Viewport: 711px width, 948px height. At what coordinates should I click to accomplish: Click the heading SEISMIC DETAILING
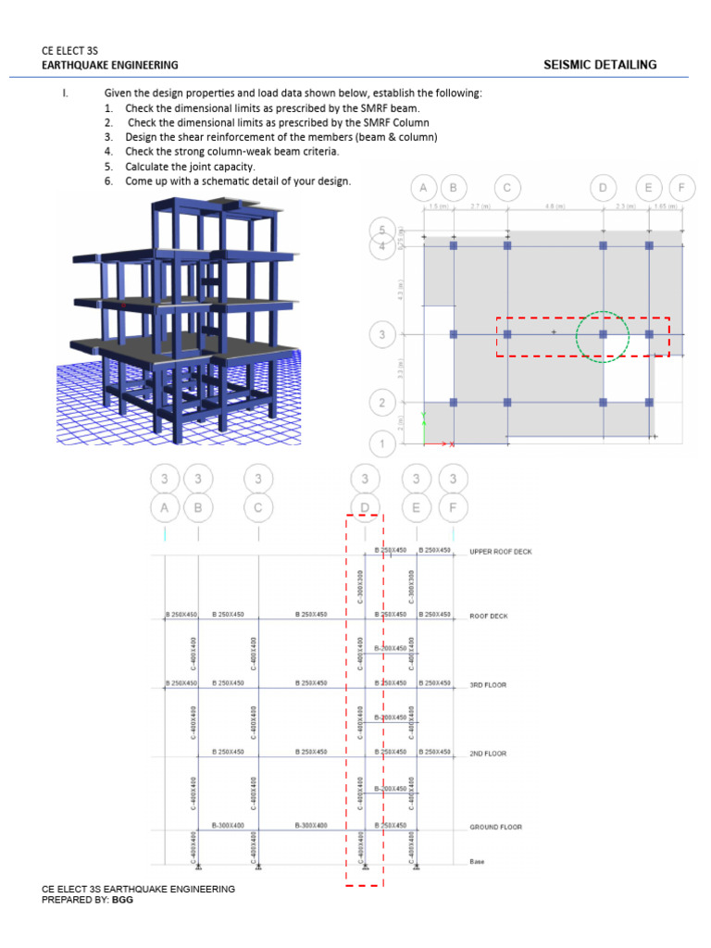click(x=601, y=65)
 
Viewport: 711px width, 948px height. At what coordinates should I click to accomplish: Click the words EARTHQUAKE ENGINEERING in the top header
click(x=110, y=66)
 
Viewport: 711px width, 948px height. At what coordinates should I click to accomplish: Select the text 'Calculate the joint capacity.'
click(x=190, y=167)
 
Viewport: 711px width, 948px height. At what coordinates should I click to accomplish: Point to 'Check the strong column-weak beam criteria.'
click(x=232, y=152)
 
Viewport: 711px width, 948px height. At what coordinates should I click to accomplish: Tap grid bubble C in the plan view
click(x=507, y=189)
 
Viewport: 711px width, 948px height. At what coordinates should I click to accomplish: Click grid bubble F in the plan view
click(x=681, y=189)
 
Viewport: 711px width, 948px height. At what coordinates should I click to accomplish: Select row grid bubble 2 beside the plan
click(x=381, y=403)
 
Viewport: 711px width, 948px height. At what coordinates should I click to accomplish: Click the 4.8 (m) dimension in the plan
click(x=555, y=207)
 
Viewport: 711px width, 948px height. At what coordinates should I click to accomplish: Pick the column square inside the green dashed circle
click(x=603, y=334)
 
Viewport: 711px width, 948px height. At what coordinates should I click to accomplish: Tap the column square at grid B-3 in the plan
click(x=454, y=334)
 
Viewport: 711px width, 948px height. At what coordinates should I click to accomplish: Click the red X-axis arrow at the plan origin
click(x=445, y=444)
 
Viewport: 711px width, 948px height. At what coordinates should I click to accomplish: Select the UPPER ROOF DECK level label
click(x=501, y=552)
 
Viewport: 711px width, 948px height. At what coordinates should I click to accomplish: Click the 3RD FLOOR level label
click(x=489, y=685)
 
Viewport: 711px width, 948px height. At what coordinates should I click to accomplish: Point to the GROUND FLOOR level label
click(x=495, y=827)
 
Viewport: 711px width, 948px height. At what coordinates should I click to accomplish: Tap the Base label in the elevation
click(x=477, y=862)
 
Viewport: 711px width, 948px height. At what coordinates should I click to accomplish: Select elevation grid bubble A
click(x=165, y=507)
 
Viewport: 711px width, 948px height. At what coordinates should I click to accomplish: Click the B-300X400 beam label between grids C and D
click(x=311, y=824)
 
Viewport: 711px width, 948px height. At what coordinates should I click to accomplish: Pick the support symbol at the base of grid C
click(x=258, y=867)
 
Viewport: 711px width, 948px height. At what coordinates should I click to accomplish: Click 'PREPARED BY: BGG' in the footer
click(x=88, y=899)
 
